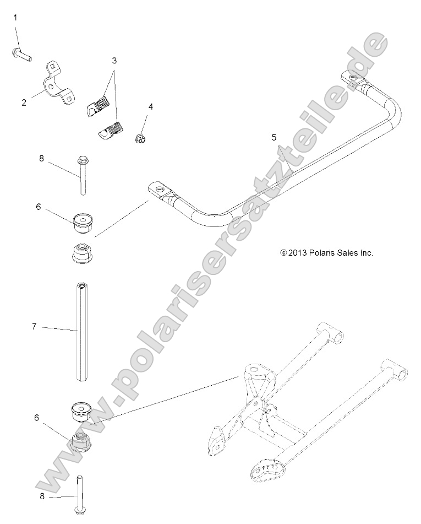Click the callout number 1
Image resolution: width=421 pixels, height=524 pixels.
[15, 18]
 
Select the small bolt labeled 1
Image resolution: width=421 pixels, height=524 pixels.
[21, 54]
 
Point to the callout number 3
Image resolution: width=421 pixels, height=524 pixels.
[114, 60]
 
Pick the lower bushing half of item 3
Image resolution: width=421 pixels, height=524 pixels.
[111, 130]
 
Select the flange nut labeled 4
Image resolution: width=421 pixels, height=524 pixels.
[141, 138]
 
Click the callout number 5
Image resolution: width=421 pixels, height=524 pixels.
[274, 138]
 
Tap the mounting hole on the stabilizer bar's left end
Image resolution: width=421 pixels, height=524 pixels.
[160, 190]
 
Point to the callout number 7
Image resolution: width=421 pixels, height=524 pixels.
[34, 327]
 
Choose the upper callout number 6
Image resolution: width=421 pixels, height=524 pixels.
[38, 207]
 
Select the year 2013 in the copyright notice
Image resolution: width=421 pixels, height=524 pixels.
[297, 253]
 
